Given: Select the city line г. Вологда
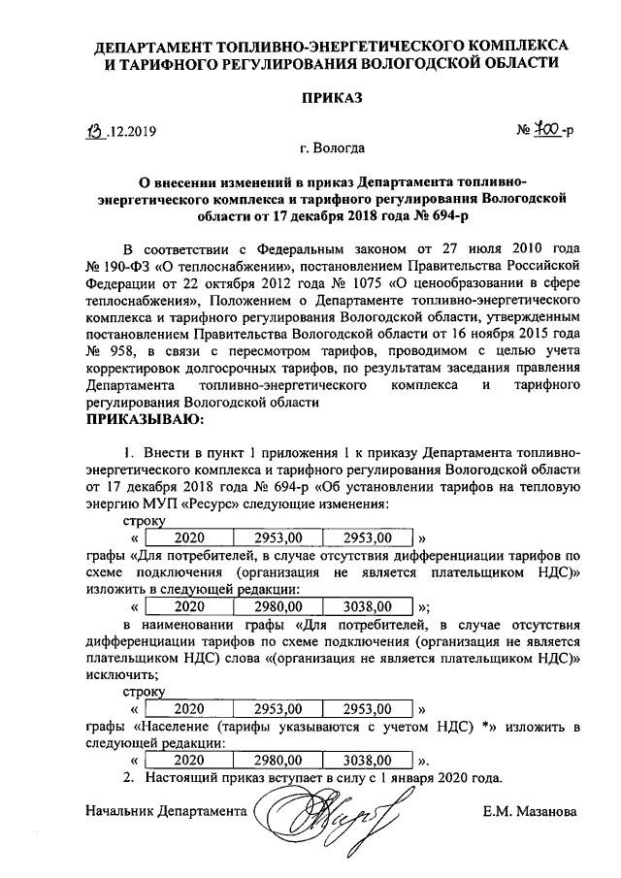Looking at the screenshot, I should [x=332, y=149].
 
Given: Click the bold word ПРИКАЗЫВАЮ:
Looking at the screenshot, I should [x=146, y=420].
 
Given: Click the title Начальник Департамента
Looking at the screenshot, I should [x=166, y=810].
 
